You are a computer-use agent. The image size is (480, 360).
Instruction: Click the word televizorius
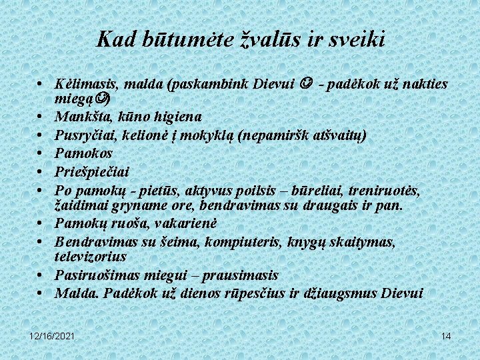click(90, 256)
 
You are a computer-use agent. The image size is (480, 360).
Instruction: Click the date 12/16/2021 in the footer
click(52, 336)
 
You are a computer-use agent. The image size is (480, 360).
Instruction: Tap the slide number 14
click(446, 336)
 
